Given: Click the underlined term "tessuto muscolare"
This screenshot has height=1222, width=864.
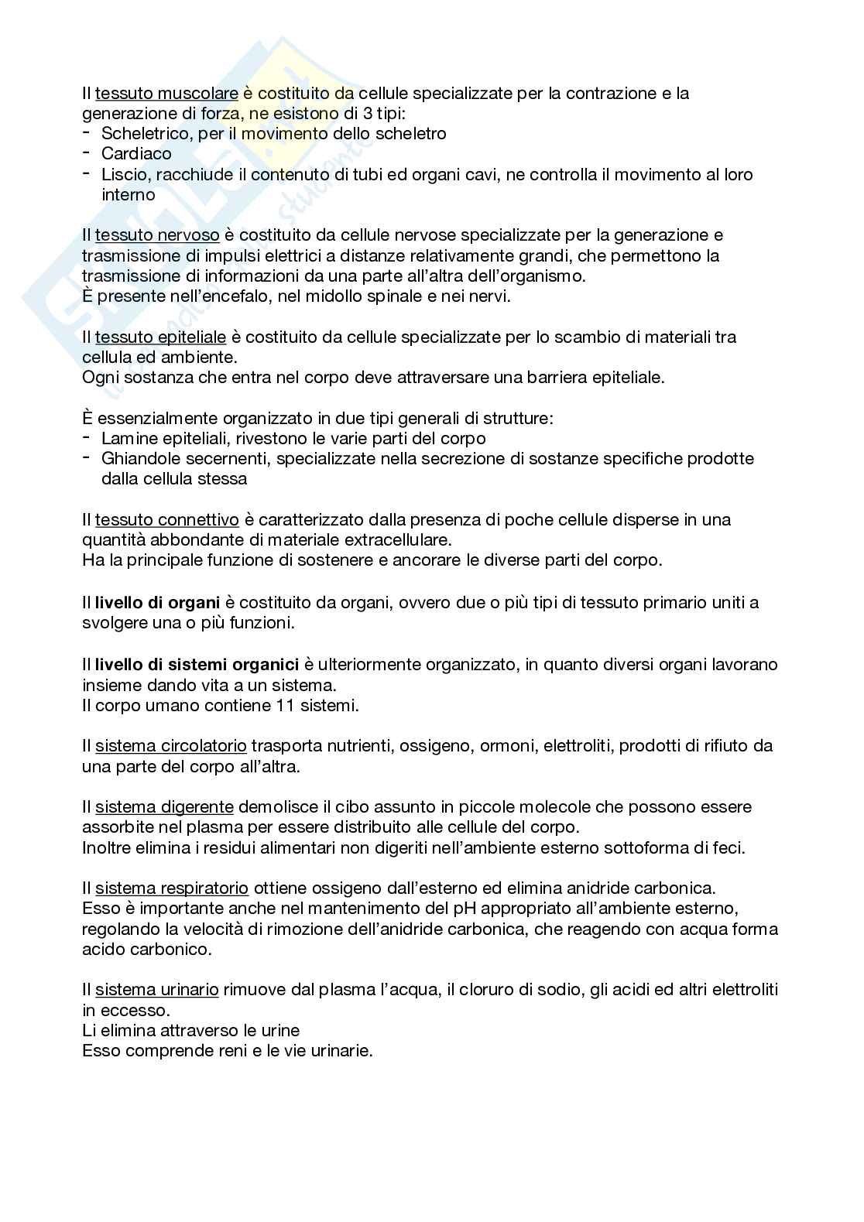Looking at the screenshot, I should coord(166,94).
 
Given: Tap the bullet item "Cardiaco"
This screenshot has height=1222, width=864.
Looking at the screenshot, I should coord(136,154).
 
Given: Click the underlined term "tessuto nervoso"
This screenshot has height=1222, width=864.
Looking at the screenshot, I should coord(157,235).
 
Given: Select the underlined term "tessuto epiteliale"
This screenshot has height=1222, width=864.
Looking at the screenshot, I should coord(160,337).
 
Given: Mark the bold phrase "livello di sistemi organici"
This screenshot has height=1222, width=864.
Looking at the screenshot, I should coord(197,664).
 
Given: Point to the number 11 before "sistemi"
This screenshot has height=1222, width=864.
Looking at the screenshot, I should coord(284,705).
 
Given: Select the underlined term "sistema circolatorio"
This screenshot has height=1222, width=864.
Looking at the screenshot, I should coord(170,746).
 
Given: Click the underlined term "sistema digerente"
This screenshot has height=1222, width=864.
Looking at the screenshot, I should coord(164,807).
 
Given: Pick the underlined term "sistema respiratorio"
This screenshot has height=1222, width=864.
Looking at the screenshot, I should coord(171,888).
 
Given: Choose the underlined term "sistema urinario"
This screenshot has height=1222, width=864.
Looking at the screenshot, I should coord(156,989).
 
